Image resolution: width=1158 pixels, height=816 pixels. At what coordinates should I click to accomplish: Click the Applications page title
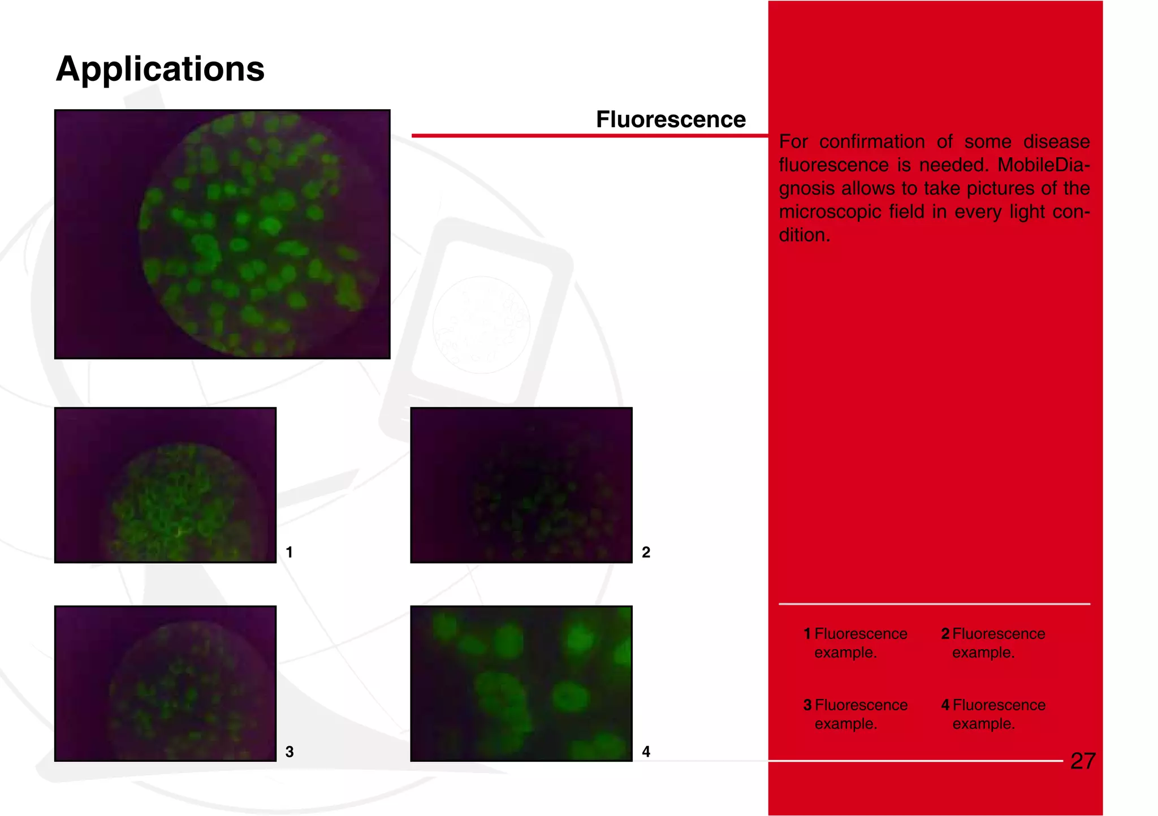(x=160, y=69)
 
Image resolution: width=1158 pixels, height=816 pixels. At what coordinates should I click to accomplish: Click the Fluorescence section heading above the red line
(x=671, y=120)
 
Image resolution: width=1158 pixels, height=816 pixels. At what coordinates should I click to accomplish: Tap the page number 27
(x=1083, y=761)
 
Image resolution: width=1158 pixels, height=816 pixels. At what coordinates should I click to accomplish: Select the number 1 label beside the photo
(x=289, y=552)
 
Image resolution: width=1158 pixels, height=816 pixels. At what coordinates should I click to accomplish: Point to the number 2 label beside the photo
(x=646, y=552)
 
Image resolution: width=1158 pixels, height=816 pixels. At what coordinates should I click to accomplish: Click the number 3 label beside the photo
(x=289, y=752)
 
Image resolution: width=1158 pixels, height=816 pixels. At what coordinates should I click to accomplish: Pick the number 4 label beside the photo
(x=646, y=752)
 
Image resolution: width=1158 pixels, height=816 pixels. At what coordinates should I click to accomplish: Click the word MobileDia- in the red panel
(x=1043, y=165)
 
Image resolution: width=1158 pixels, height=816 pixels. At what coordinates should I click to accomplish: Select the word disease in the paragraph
(x=1056, y=141)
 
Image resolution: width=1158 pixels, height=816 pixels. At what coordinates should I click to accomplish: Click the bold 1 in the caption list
(x=807, y=634)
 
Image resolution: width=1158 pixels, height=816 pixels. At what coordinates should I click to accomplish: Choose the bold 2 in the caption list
(x=945, y=634)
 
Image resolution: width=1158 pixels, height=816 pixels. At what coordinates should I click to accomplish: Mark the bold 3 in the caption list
(x=807, y=705)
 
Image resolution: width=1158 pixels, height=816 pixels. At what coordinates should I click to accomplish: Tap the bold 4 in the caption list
(x=945, y=705)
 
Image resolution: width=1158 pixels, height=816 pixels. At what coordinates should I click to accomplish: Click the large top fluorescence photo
(x=222, y=234)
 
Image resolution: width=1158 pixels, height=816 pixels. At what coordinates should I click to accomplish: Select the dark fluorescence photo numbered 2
(x=521, y=485)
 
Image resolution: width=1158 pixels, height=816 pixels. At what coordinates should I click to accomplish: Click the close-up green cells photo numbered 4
(x=521, y=683)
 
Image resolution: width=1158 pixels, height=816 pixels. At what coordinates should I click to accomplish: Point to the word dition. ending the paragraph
(x=804, y=235)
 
